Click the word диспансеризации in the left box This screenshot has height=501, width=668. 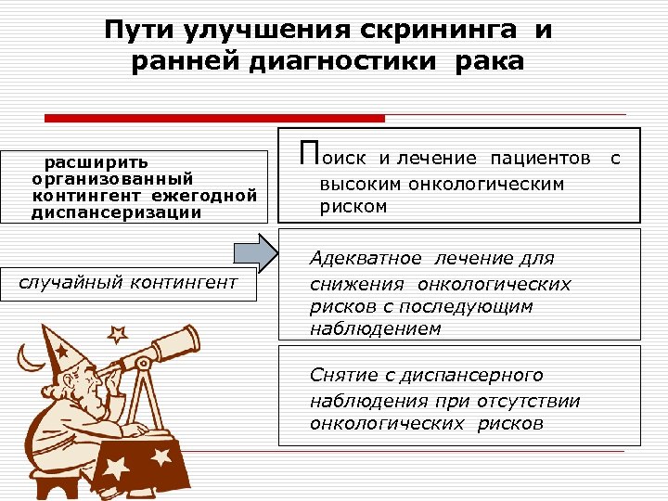click(116, 212)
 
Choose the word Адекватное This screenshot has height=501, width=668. click(366, 258)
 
